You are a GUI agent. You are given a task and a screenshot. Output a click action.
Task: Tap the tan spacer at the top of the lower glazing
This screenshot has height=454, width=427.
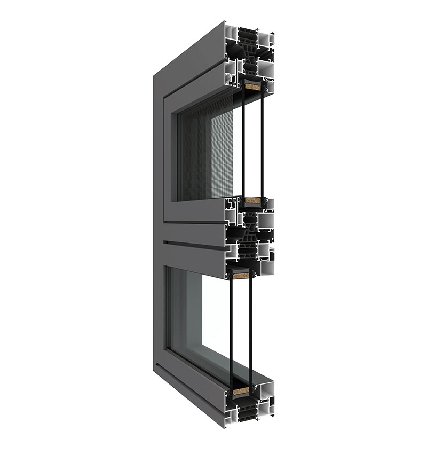pyautogui.click(x=241, y=276)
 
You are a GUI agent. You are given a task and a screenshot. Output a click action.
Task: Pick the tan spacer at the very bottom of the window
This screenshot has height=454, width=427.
pyautogui.click(x=243, y=396)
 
